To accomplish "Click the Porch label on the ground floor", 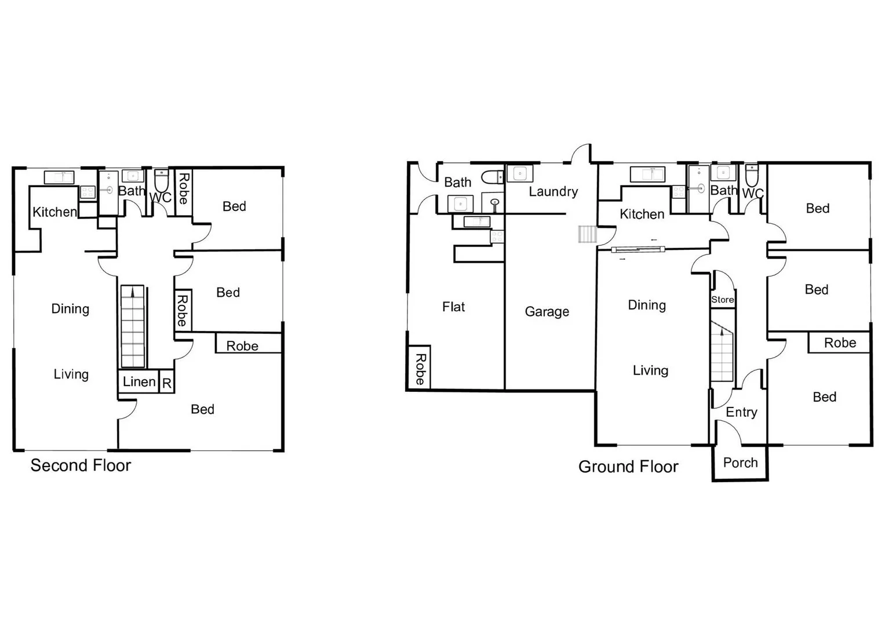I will point(740,463).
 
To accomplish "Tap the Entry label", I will point(741,412).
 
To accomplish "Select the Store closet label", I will point(723,300).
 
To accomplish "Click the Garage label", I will point(547,312).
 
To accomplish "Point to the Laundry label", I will point(553,191).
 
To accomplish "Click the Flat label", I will point(453,307).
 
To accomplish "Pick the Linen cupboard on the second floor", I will point(139,382).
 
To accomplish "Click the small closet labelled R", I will point(167,383).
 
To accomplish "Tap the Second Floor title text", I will point(81,465).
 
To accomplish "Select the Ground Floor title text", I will point(628,467).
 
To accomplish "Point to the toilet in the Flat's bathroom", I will point(493,177).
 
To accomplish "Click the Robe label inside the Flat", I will point(420,369).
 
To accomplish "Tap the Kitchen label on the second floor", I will point(54,212).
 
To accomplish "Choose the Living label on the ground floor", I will point(650,370).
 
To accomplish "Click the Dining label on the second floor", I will point(70,309).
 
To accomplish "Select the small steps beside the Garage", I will point(587,234).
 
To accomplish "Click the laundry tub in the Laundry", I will point(519,173).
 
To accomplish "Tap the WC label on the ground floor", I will point(753,193).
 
